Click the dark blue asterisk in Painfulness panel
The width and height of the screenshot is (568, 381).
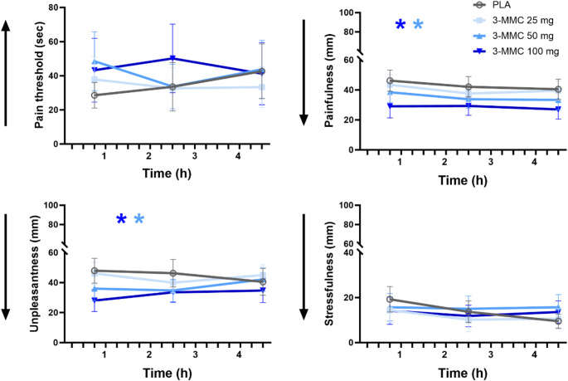coord(401,26)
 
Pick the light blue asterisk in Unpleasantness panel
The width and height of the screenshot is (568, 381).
coord(139,220)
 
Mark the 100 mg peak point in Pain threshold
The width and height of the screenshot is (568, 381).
coord(171,58)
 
